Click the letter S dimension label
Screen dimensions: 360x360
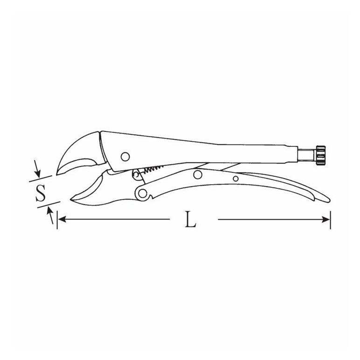pyautogui.click(x=41, y=193)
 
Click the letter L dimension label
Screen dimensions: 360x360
pyautogui.click(x=191, y=219)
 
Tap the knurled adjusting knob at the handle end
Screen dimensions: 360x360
pyautogui.click(x=320, y=155)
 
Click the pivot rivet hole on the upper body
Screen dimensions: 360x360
pyautogui.click(x=125, y=157)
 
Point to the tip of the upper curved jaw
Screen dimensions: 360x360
pyautogui.click(x=57, y=174)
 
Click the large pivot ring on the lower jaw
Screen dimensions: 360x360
pyautogui.click(x=142, y=194)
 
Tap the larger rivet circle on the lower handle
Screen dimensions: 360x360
pyautogui.click(x=198, y=174)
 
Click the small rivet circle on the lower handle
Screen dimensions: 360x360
pyautogui.click(x=235, y=179)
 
